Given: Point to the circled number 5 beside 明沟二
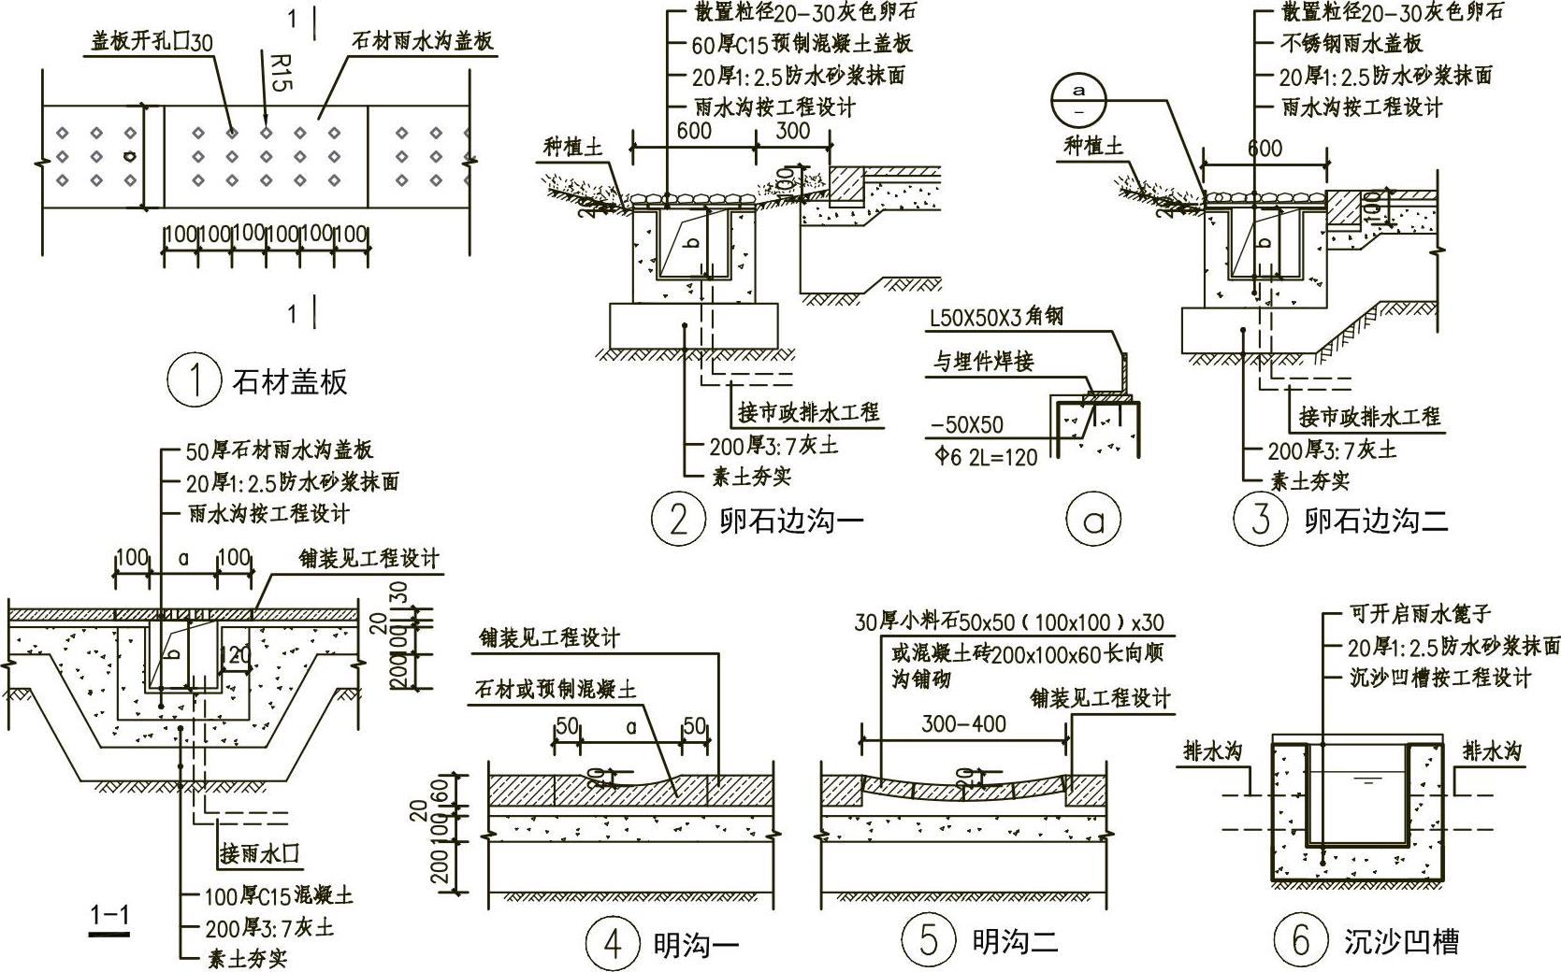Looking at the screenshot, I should [x=929, y=940].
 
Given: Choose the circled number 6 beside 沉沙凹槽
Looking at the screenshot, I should [x=1301, y=940].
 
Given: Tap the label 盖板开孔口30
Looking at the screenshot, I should [x=152, y=42].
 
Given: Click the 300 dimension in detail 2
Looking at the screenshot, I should [x=792, y=131].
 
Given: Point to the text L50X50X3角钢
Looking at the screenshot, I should [x=996, y=319].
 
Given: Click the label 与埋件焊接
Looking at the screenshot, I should [x=982, y=362].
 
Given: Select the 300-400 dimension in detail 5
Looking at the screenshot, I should [x=963, y=723].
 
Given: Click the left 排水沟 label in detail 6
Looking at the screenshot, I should [x=1213, y=751].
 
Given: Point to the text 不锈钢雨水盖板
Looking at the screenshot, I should [x=1351, y=43].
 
